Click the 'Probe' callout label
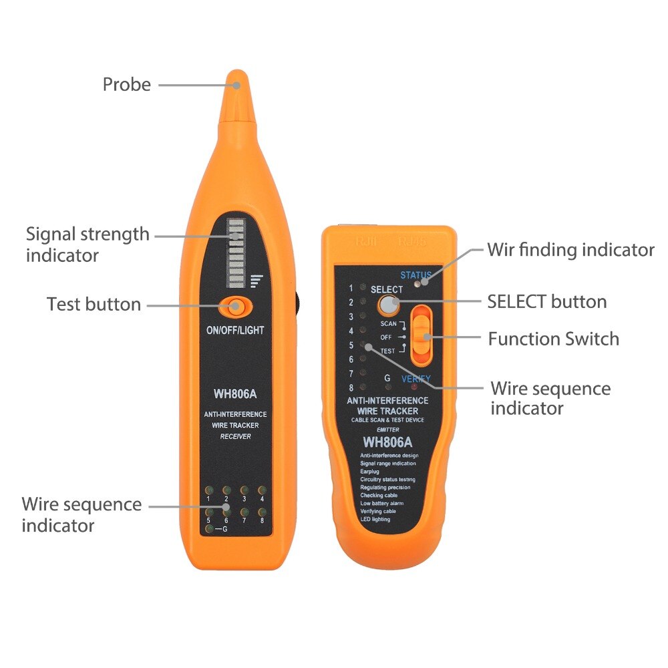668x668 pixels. click(126, 85)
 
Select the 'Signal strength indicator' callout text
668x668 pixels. click(87, 244)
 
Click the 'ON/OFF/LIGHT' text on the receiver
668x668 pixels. click(235, 330)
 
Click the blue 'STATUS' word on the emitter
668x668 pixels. click(416, 275)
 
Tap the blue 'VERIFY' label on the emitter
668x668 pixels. click(415, 379)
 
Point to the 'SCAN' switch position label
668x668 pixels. click(388, 323)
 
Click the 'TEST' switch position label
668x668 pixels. click(387, 351)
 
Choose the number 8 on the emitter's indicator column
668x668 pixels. click(350, 387)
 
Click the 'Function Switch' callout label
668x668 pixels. click(553, 339)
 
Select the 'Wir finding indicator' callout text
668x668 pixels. click(570, 250)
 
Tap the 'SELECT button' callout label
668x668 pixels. click(546, 301)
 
